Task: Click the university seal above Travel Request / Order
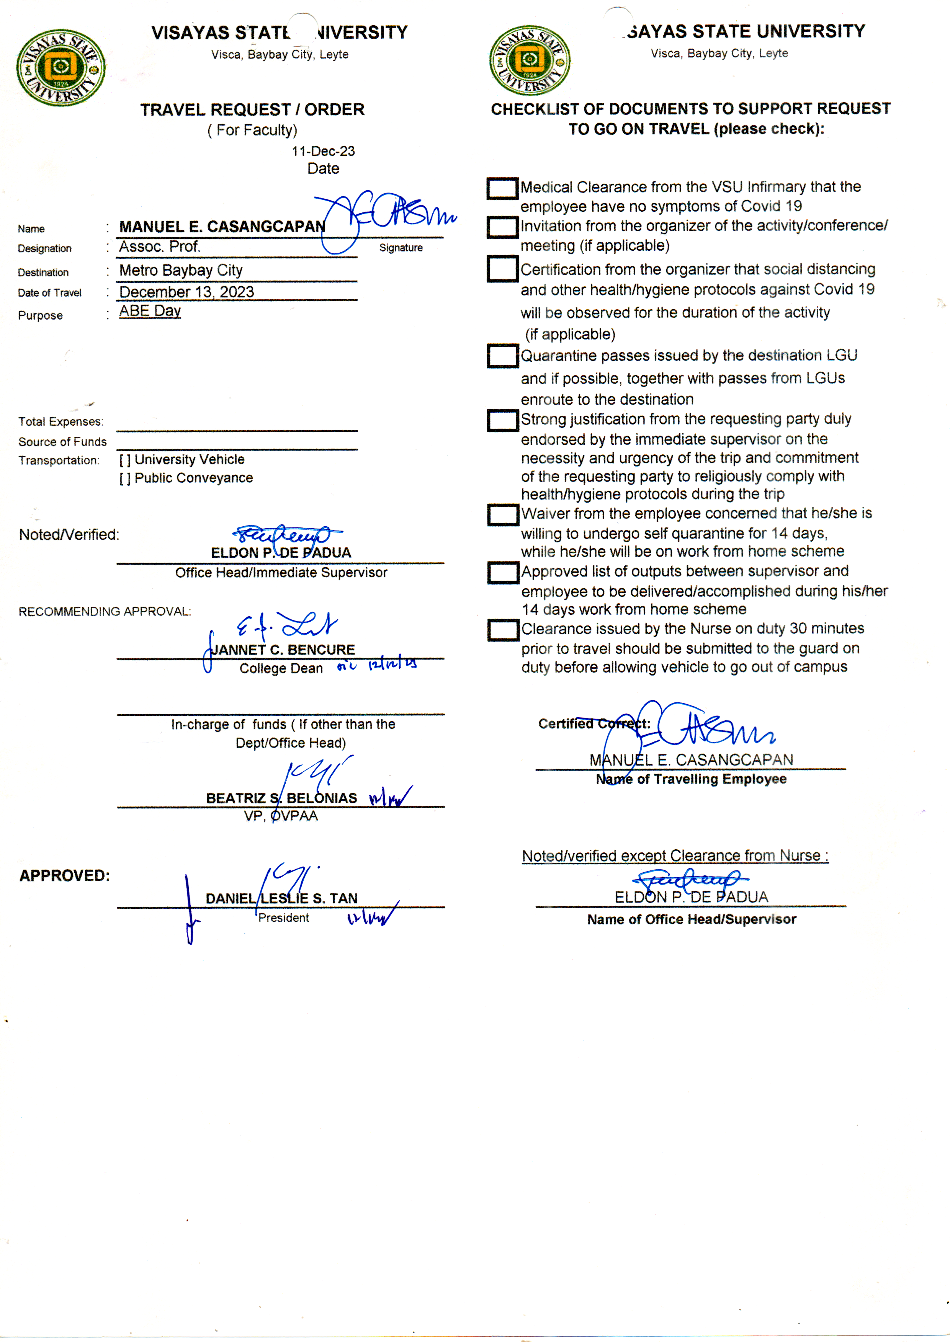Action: point(61,68)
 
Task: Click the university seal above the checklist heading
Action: point(530,60)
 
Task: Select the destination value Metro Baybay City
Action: point(181,270)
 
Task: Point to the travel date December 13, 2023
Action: point(186,292)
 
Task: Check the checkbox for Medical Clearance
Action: point(502,188)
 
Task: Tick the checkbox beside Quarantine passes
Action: point(502,356)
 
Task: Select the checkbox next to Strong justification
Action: point(502,420)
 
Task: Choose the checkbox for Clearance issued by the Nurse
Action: point(502,630)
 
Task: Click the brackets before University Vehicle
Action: point(124,460)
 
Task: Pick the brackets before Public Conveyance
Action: point(124,479)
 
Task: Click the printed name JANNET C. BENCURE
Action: point(283,650)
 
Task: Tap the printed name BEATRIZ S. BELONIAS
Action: point(281,798)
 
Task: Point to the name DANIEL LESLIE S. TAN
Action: point(281,898)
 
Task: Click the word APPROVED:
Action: point(64,875)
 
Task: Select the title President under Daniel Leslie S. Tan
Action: point(284,918)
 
